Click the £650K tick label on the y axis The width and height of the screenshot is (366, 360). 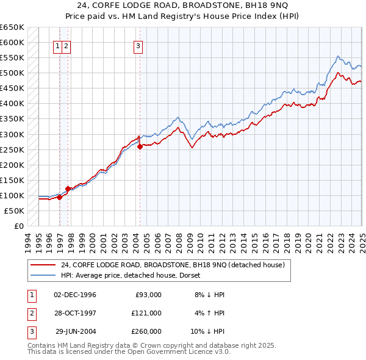point(12,27)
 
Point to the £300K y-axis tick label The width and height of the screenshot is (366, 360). point(12,134)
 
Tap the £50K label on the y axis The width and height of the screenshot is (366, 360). point(15,211)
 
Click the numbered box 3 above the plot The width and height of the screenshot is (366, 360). point(138,45)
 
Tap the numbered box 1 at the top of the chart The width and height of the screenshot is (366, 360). point(57,45)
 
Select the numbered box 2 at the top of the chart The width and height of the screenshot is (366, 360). point(65,45)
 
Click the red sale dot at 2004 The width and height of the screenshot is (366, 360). point(140,146)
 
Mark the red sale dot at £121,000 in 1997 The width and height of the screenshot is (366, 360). point(68,189)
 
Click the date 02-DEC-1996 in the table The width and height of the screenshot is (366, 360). point(75,295)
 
